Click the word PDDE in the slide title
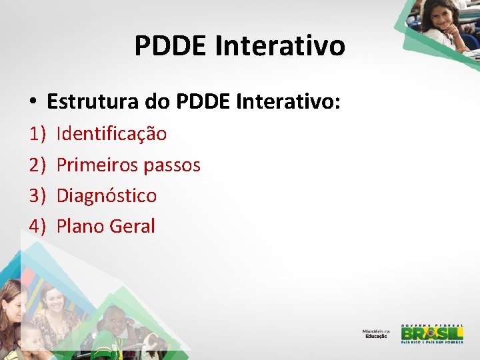tap(170, 46)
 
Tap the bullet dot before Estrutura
tap(32, 103)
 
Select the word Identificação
tap(111, 134)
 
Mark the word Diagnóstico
tap(107, 195)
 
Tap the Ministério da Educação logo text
tap(376, 333)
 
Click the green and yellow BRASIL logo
tap(431, 333)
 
